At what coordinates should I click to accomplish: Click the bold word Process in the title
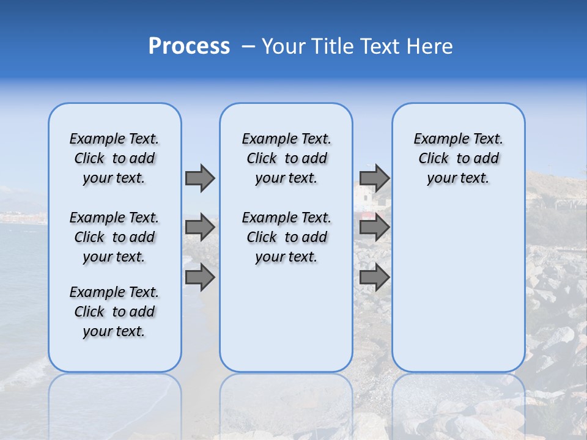[x=189, y=46]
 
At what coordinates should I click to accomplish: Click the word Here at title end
[x=431, y=46]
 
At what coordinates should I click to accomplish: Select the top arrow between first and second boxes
[x=200, y=178]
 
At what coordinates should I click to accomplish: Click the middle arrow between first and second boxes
[x=200, y=227]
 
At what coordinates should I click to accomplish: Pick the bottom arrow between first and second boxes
[x=200, y=277]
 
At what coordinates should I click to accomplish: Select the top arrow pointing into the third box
[x=374, y=178]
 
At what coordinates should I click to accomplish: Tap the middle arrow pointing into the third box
[x=374, y=227]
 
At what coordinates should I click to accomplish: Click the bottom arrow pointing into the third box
[x=374, y=277]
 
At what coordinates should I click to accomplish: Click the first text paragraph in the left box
[x=114, y=158]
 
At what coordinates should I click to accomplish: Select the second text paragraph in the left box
[x=114, y=237]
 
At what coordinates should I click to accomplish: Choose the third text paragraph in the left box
[x=114, y=312]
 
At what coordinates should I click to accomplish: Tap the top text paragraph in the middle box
[x=286, y=158]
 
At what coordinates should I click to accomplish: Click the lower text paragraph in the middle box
[x=286, y=237]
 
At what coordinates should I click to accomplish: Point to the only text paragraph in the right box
[x=458, y=158]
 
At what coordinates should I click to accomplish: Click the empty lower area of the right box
[x=458, y=287]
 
